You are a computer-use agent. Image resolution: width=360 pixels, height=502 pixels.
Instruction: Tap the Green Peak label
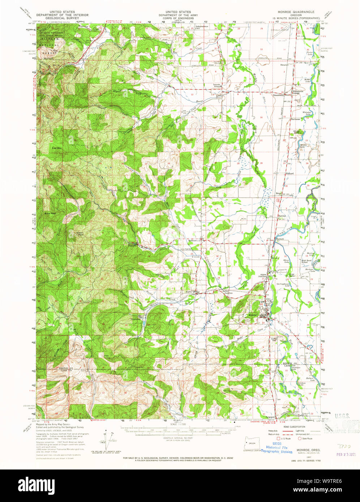(80, 233)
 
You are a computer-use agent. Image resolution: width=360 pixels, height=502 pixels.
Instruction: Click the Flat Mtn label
(56, 148)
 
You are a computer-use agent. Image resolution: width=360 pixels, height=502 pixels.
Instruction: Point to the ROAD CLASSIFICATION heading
(290, 427)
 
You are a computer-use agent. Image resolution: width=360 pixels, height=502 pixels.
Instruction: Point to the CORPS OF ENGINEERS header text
(176, 18)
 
